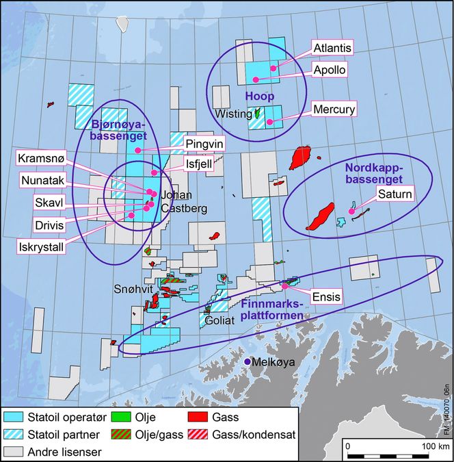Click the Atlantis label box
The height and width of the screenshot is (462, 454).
click(333, 48)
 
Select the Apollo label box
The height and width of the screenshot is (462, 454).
click(329, 69)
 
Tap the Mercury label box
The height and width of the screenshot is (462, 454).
click(334, 109)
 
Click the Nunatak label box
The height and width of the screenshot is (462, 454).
click(42, 181)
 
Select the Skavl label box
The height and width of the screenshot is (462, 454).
click(50, 203)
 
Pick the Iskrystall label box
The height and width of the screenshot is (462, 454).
click(43, 246)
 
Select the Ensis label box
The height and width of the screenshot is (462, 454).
click(326, 297)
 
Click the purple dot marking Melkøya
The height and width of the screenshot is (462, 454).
click(247, 361)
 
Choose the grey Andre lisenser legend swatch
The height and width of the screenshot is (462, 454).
click(15, 452)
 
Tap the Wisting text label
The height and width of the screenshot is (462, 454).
click(233, 114)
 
